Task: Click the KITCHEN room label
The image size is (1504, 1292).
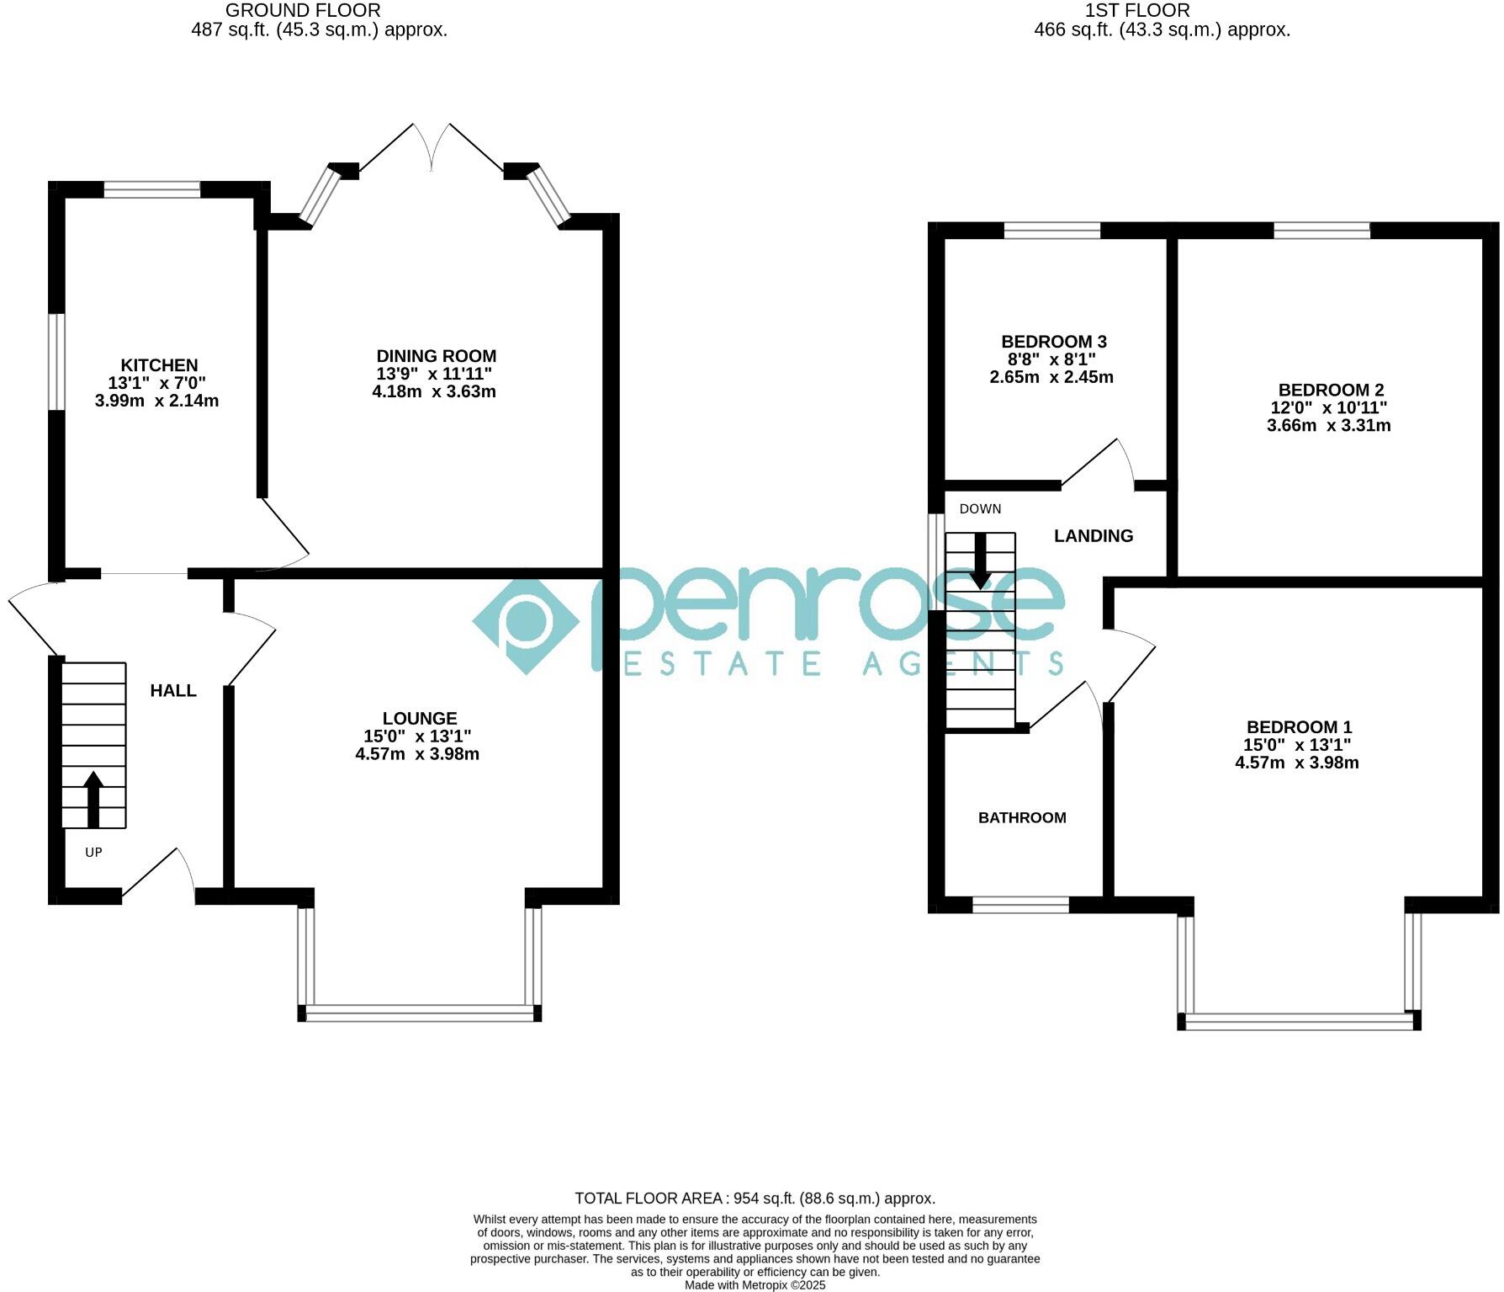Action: click(x=159, y=365)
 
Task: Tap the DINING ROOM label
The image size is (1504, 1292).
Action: click(x=436, y=356)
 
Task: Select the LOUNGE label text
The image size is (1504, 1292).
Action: click(x=419, y=718)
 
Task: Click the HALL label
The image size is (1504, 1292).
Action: click(x=173, y=691)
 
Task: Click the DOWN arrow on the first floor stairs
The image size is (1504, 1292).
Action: click(x=980, y=561)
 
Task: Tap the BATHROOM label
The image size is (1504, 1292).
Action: click(x=1022, y=817)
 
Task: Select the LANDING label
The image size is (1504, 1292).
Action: click(x=1094, y=536)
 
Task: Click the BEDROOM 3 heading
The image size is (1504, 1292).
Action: click(x=1053, y=342)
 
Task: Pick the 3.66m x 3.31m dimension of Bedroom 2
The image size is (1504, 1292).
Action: click(x=1328, y=426)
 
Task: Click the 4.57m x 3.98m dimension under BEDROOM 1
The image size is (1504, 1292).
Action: click(x=1296, y=763)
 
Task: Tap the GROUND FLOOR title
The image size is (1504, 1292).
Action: click(x=303, y=11)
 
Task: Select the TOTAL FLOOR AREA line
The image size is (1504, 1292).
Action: click(x=755, y=1198)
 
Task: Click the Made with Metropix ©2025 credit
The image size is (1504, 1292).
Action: click(x=755, y=1285)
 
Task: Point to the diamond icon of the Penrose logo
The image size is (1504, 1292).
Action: click(x=526, y=625)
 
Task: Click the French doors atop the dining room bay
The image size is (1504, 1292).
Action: click(x=432, y=148)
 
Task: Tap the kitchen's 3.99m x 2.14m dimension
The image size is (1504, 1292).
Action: click(x=156, y=401)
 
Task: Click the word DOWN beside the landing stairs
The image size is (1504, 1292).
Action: click(x=980, y=509)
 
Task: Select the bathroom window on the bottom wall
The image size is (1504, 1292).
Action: click(x=1020, y=905)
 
